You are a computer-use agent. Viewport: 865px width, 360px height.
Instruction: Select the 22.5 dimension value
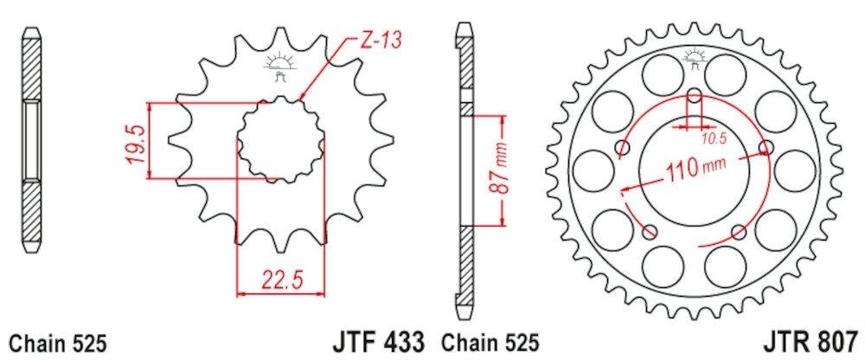[x=279, y=279]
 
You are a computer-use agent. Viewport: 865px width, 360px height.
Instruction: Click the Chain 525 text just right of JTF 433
[x=491, y=343]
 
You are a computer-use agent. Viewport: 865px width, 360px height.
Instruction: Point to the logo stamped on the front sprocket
[x=279, y=64]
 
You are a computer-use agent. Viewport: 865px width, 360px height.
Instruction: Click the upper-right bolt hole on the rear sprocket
[x=765, y=148]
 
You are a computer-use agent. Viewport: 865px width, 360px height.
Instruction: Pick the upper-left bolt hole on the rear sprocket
[x=622, y=149]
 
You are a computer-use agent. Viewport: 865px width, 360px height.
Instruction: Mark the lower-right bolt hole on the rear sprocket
[x=737, y=231]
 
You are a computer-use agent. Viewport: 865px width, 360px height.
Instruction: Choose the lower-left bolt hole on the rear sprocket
[x=650, y=231]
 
